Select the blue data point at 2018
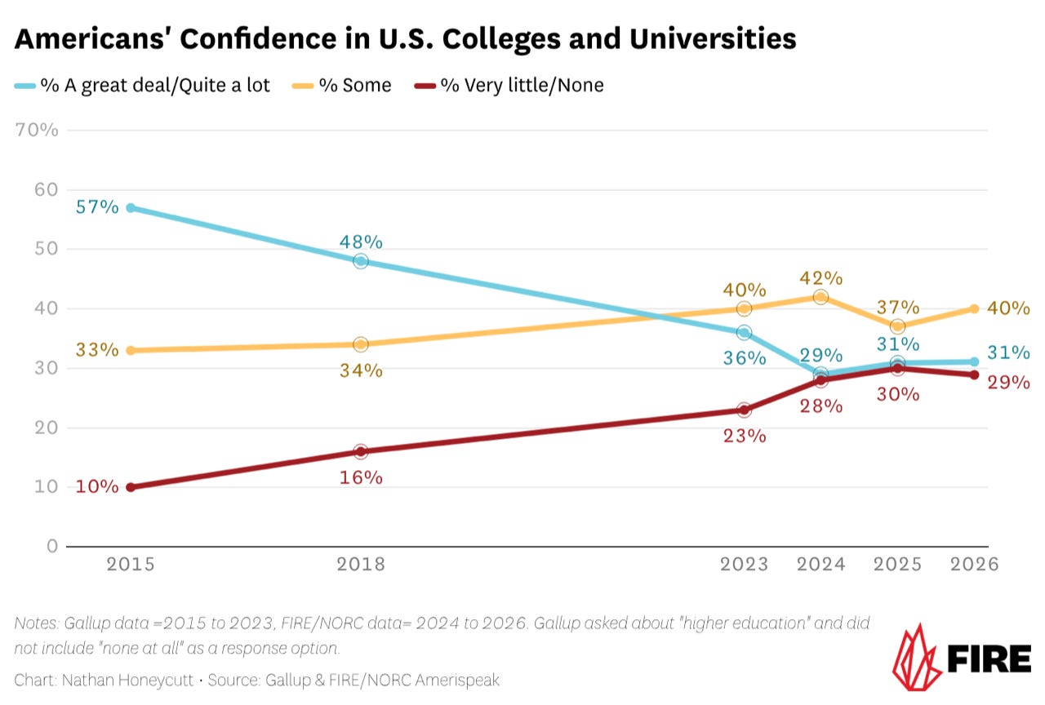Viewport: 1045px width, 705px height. (361, 261)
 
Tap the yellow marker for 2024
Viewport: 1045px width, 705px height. (820, 297)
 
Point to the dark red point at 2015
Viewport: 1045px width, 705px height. (131, 487)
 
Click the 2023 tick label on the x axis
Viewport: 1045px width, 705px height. (744, 565)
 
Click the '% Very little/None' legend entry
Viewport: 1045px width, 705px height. (522, 86)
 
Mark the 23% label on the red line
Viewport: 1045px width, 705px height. (745, 436)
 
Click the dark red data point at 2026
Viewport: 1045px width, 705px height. (974, 375)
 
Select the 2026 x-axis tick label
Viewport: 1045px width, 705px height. (975, 565)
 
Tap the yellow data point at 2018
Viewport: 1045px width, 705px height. (361, 344)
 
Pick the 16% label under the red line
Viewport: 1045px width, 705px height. (361, 477)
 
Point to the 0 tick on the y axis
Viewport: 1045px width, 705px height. (51, 546)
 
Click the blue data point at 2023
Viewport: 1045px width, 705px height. (744, 332)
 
